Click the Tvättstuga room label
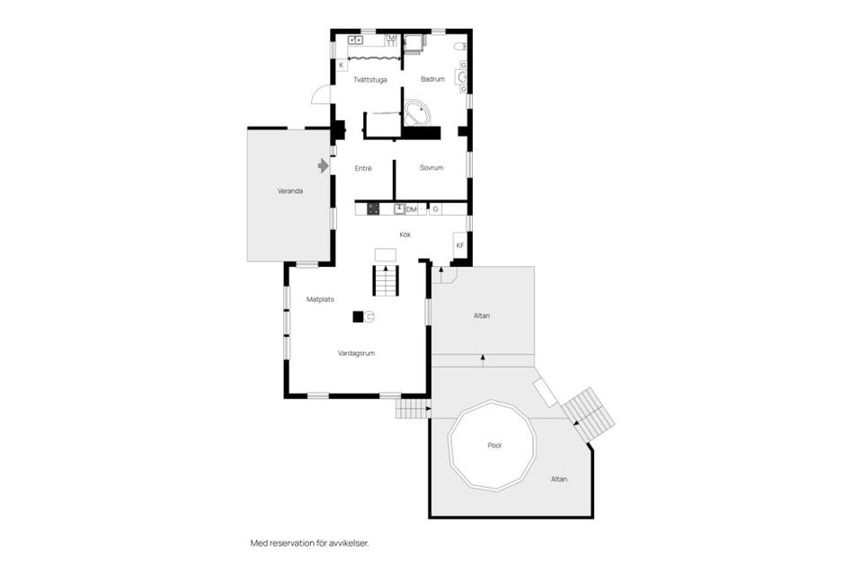pos(369,79)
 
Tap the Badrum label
pos(433,79)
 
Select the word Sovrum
pos(431,168)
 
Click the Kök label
pos(405,234)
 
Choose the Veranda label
pos(289,191)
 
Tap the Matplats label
pos(320,299)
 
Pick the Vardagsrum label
pos(356,353)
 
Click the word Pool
pos(494,446)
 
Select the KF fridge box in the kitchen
pos(459,245)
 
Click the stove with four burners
pos(374,209)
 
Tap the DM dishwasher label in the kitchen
pos(413,209)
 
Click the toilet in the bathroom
pos(458,45)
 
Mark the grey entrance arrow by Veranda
pos(323,165)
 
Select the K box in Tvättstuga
pos(342,65)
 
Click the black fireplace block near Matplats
pos(358,316)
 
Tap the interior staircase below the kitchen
pos(385,283)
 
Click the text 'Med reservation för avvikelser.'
pos(309,544)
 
